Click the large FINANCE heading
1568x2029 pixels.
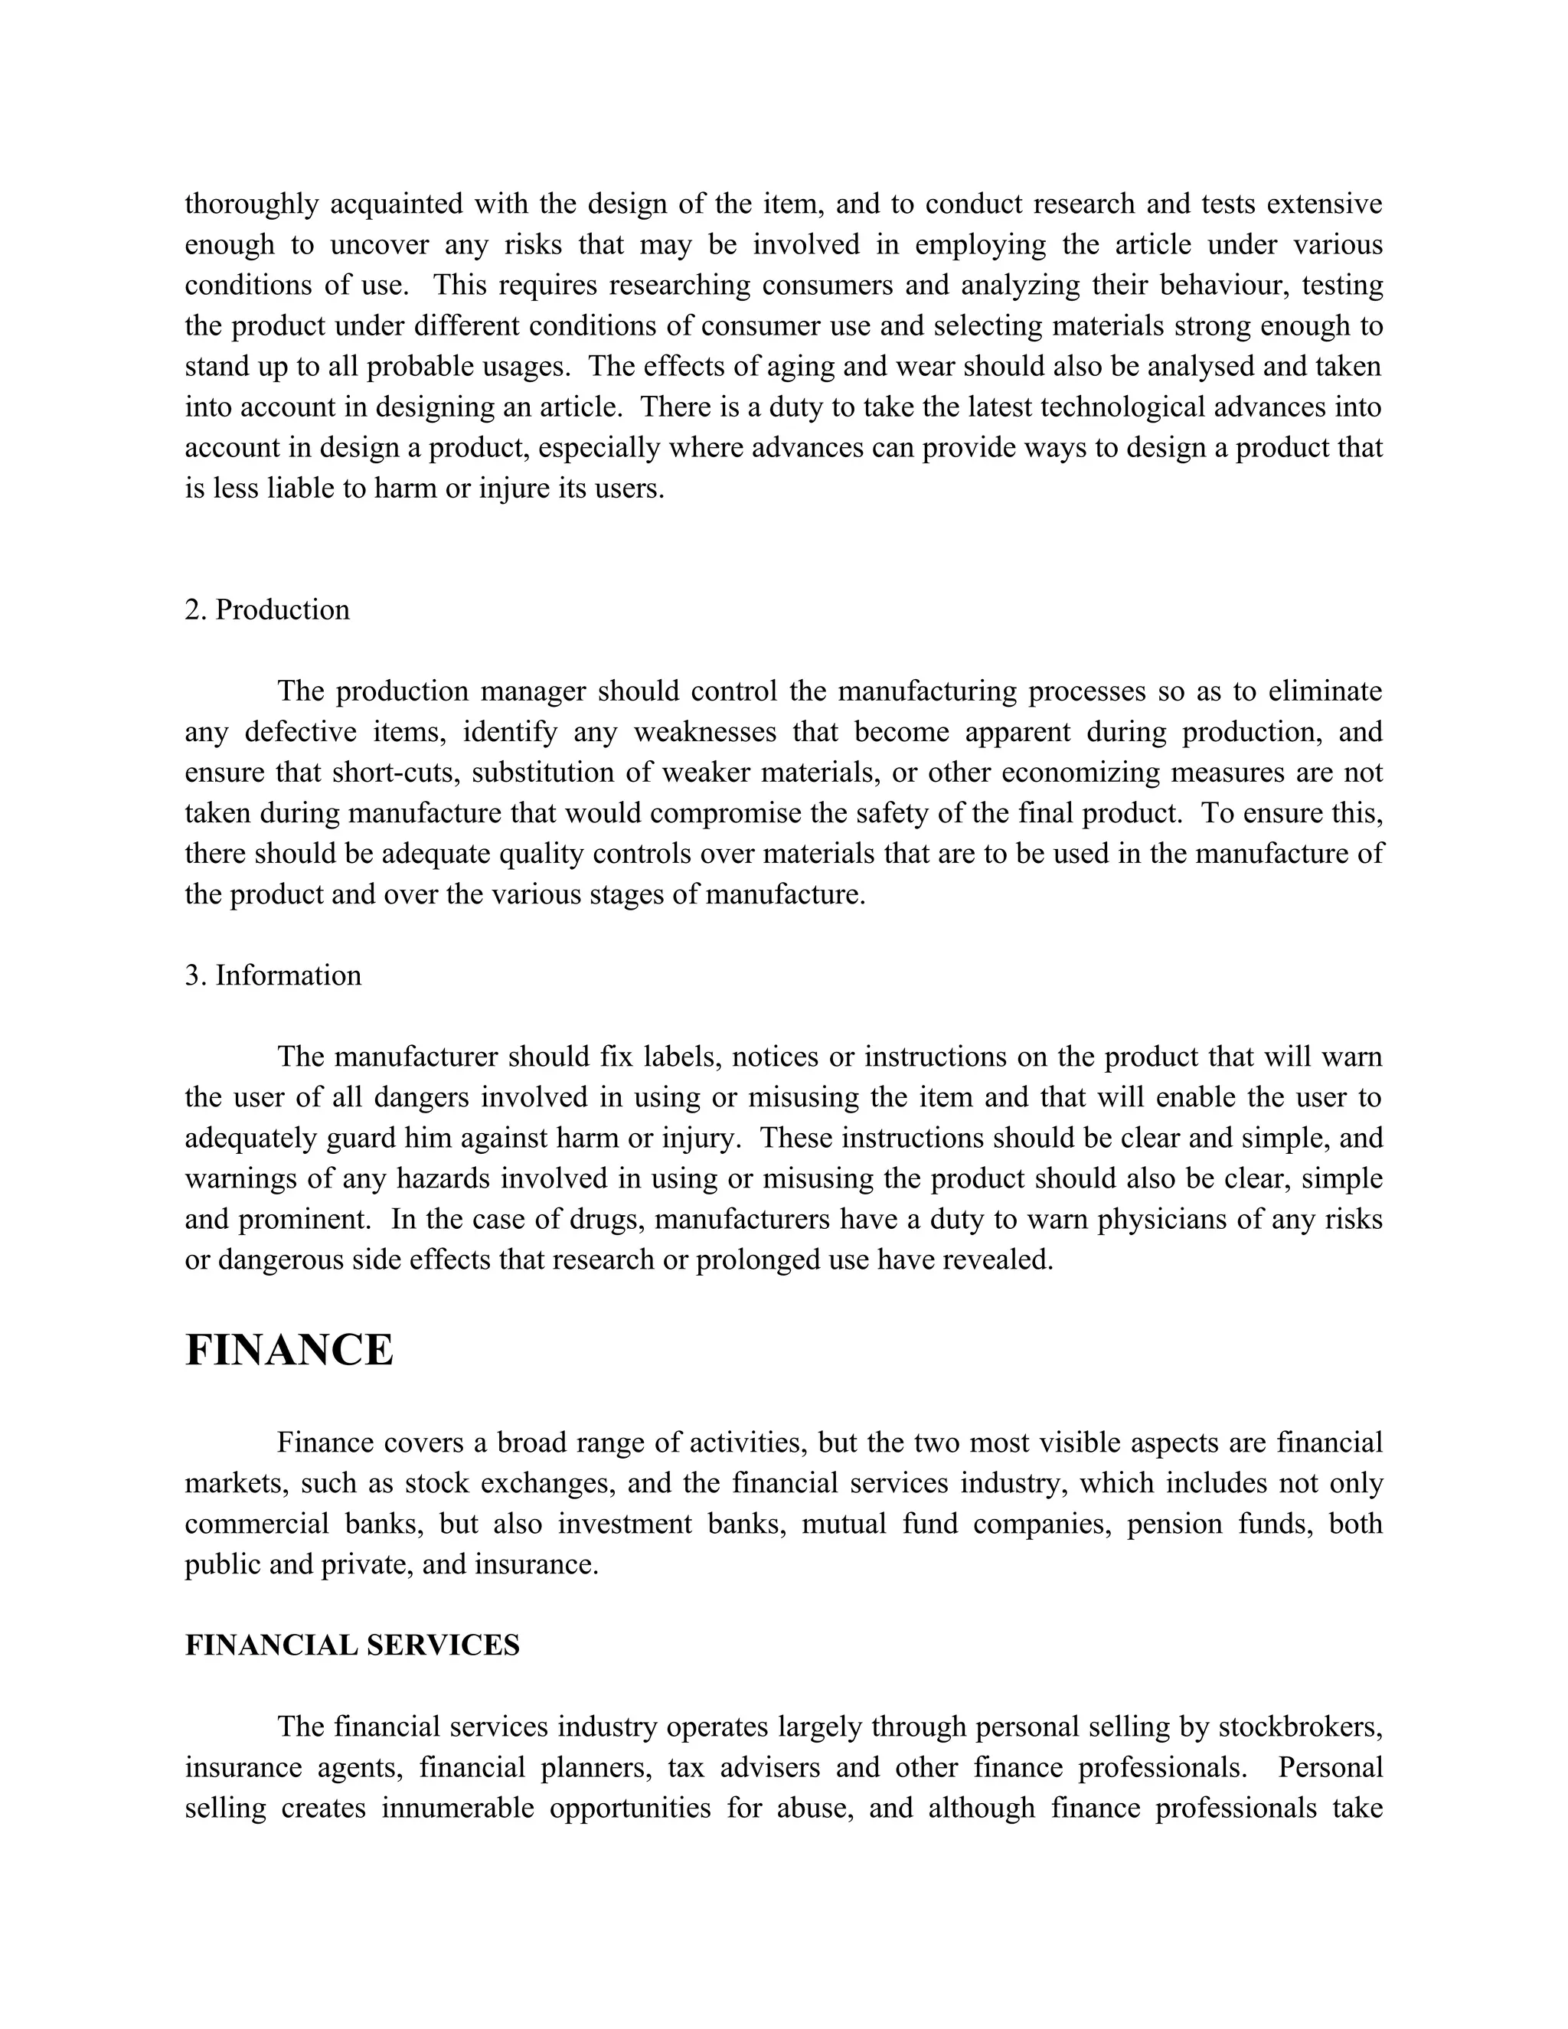[289, 1350]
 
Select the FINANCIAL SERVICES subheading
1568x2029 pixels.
[352, 1645]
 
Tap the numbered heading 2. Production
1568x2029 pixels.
[267, 609]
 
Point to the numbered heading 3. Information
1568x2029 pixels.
[273, 975]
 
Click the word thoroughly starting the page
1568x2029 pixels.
[252, 204]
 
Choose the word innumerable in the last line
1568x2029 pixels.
[457, 1808]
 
